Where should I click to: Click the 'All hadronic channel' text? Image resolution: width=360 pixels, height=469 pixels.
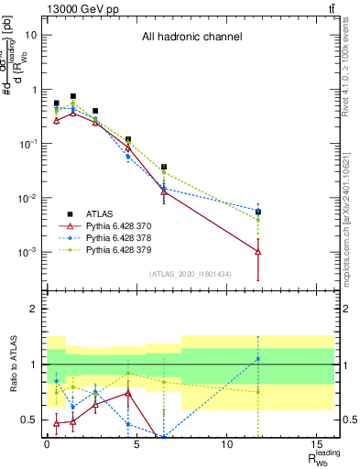point(191,38)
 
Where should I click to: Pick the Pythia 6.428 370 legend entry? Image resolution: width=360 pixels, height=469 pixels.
point(105,224)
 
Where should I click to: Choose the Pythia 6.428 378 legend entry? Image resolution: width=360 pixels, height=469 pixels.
point(105,236)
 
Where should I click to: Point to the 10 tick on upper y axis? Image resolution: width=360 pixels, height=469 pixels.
point(31,35)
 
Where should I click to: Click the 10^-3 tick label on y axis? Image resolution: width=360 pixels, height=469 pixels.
point(27,252)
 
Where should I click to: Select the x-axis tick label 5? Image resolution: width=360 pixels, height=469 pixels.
point(136,443)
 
